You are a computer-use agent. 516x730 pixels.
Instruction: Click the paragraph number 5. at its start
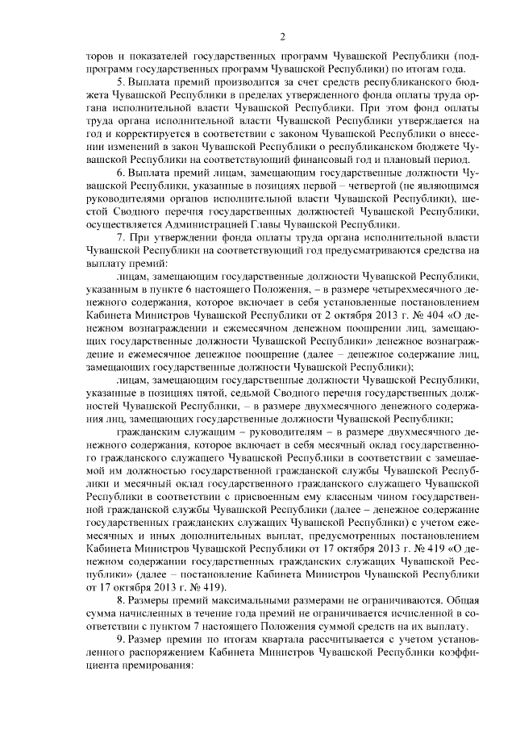tap(120, 83)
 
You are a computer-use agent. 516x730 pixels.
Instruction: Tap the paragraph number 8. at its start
tap(120, 601)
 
